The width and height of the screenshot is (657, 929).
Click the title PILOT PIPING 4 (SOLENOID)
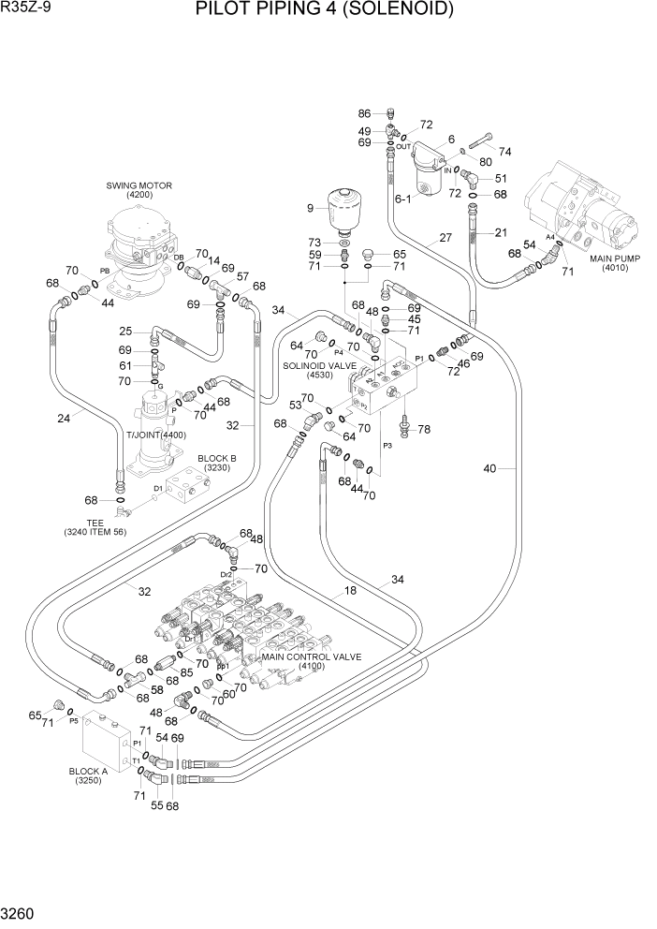(325, 10)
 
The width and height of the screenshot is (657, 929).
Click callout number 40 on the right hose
(489, 468)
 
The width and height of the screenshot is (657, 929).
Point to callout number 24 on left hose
(64, 419)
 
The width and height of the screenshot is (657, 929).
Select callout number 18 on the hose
(350, 590)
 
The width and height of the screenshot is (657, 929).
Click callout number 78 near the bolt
(423, 429)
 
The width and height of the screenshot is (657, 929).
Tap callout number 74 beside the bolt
(505, 152)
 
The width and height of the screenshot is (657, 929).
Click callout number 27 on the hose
(445, 239)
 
